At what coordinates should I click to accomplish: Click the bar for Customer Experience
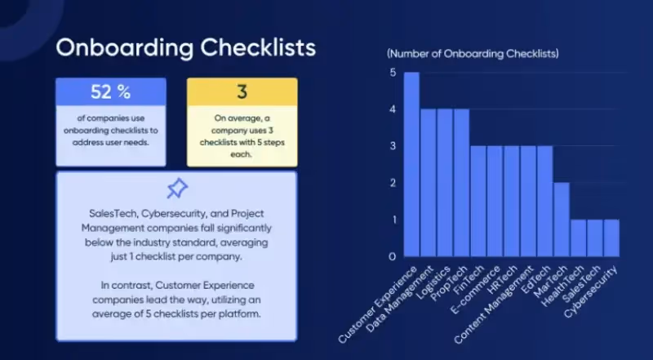(411, 164)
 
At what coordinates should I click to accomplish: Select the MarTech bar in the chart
(562, 219)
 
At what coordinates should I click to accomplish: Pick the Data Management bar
(428, 182)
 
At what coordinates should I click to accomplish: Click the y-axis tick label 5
(393, 73)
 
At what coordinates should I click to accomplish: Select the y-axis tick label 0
(393, 256)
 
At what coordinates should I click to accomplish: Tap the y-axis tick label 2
(393, 183)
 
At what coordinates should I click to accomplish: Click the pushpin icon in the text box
(176, 189)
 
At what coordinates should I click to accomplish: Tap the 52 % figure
(111, 91)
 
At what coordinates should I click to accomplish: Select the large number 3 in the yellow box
(242, 91)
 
